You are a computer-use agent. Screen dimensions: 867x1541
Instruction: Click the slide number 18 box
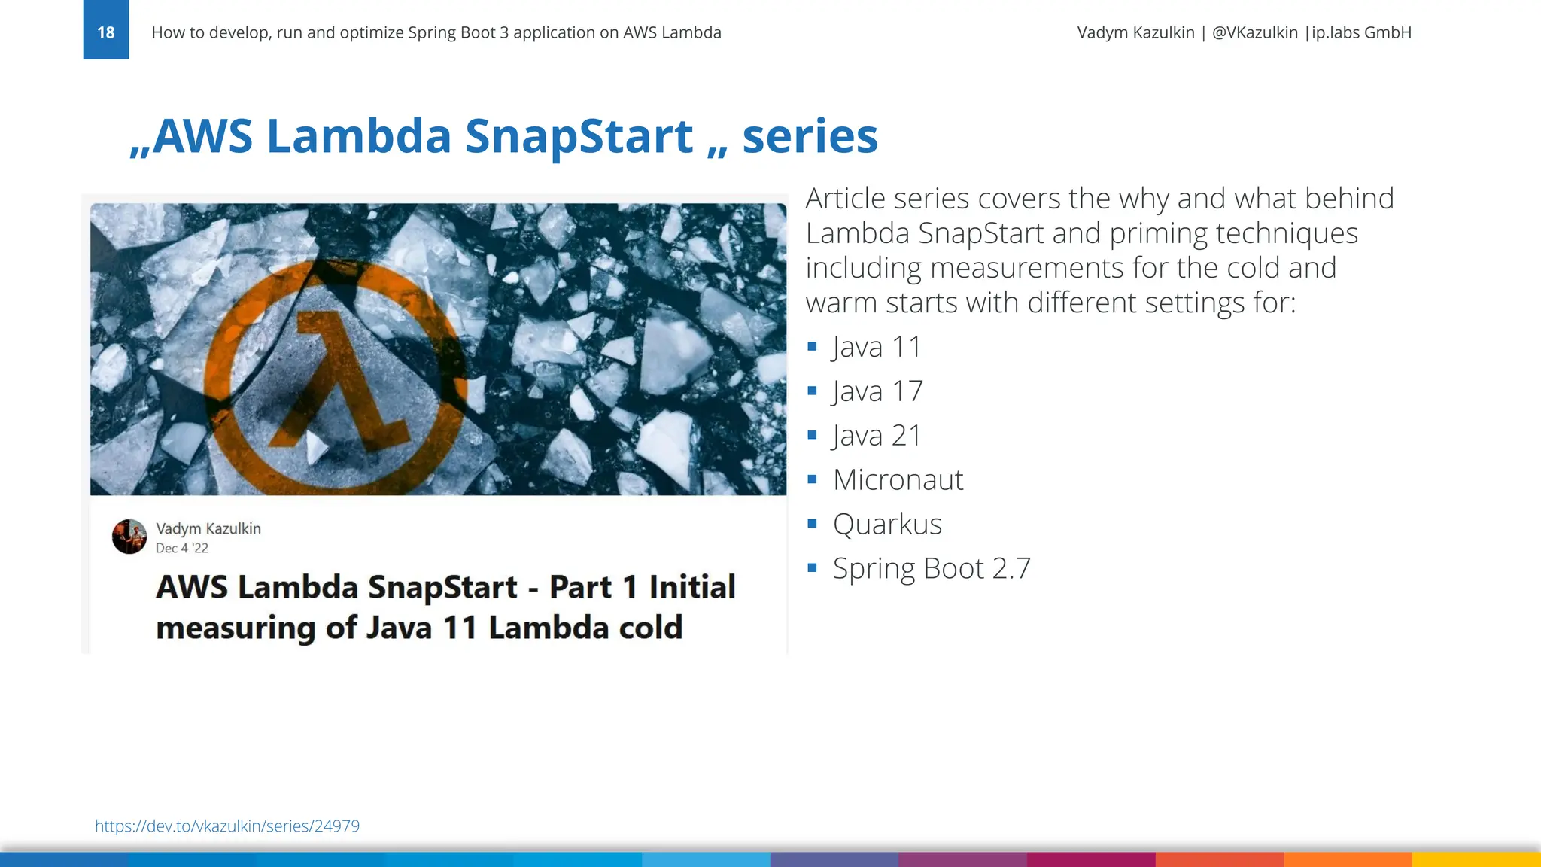[x=106, y=31]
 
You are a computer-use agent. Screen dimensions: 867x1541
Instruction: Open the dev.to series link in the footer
[x=226, y=826]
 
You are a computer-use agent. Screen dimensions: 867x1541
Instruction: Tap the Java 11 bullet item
[x=877, y=347]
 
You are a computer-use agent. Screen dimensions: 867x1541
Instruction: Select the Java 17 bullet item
[x=877, y=391]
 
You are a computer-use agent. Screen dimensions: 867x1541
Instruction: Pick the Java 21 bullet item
[x=877, y=436]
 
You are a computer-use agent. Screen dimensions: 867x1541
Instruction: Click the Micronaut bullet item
[x=898, y=480]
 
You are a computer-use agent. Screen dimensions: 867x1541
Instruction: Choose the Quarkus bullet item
[x=887, y=524]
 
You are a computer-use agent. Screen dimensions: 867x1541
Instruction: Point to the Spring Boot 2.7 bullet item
[x=932, y=568]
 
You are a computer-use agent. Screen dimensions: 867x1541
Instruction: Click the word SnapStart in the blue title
[x=579, y=136]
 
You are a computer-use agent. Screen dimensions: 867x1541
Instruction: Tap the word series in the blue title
[x=810, y=136]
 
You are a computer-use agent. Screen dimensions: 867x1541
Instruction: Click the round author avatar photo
[x=129, y=537]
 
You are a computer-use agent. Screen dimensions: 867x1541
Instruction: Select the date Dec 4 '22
[x=182, y=548]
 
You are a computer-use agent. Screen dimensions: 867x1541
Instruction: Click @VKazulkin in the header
[x=1254, y=32]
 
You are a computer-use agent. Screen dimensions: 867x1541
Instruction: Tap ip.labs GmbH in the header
[x=1361, y=32]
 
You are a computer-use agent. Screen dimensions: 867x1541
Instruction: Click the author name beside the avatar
[x=208, y=528]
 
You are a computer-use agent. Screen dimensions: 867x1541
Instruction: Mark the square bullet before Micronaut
[x=812, y=479]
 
